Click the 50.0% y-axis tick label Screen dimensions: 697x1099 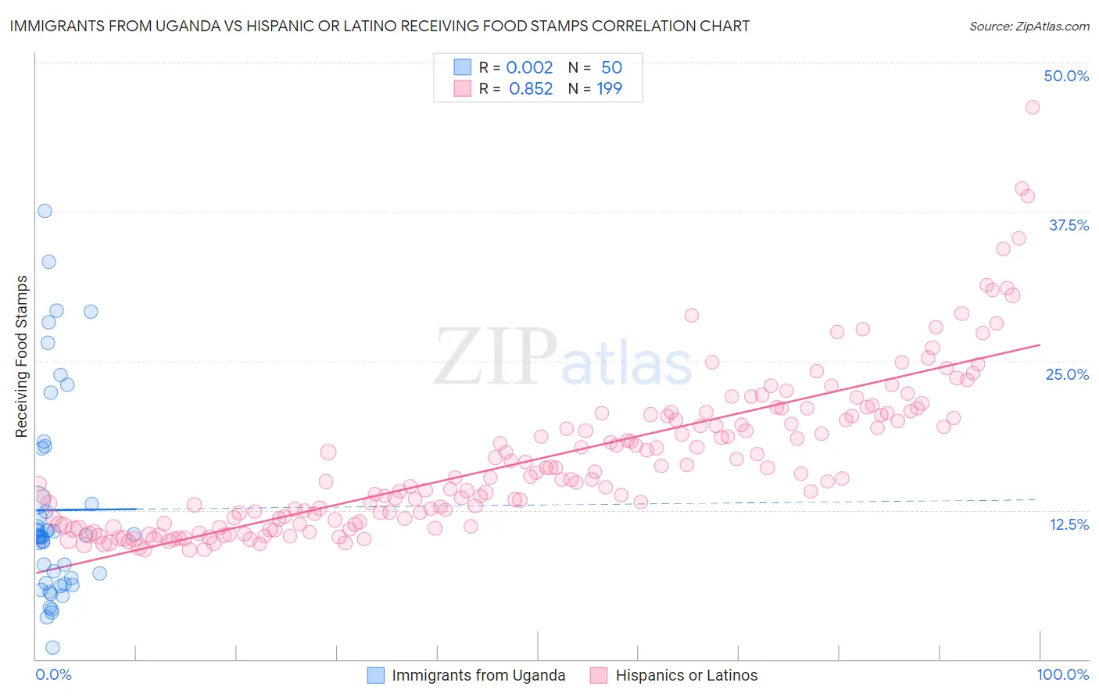click(1066, 76)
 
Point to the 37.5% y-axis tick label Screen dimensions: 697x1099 click(1069, 225)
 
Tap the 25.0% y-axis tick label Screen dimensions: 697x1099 click(1067, 374)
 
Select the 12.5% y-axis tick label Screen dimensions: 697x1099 click(1069, 524)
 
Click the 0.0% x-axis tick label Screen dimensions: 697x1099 click(53, 674)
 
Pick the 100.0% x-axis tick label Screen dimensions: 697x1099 click(1062, 674)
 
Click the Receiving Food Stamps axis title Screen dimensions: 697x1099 click(22, 356)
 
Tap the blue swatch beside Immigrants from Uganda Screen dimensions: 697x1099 click(376, 675)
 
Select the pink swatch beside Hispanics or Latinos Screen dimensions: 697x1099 click(600, 675)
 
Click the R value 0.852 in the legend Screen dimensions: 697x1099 click(531, 88)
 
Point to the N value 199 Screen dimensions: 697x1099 click(610, 88)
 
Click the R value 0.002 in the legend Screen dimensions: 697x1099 click(529, 67)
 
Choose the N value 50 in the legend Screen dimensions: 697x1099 click(611, 67)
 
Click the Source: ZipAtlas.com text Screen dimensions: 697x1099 click(1029, 26)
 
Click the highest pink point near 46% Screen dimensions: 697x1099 click(1032, 107)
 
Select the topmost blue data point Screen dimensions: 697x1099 click(45, 211)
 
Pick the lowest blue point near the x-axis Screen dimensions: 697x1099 click(52, 647)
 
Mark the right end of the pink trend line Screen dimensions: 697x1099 click(1040, 345)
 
